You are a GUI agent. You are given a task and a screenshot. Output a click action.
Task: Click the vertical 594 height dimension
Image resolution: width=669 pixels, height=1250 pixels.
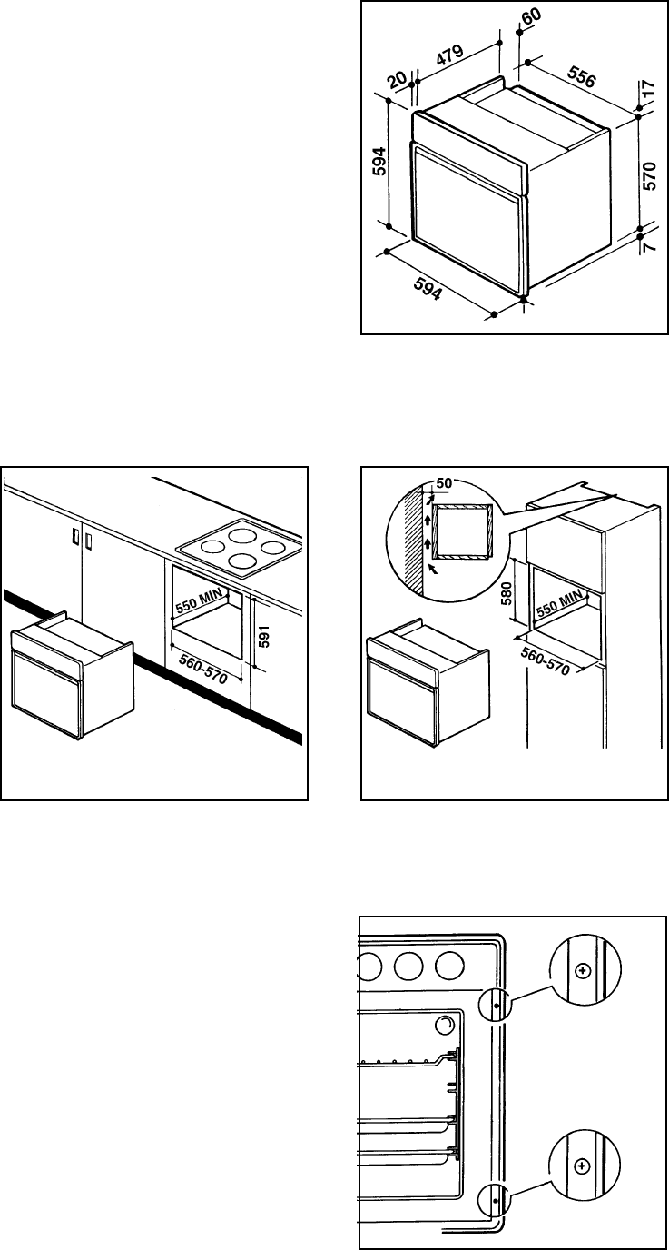click(379, 163)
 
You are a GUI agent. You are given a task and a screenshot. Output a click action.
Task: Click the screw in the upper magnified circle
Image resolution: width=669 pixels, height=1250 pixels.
click(583, 970)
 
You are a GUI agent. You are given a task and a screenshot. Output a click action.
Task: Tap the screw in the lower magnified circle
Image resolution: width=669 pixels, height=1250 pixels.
click(583, 1165)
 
